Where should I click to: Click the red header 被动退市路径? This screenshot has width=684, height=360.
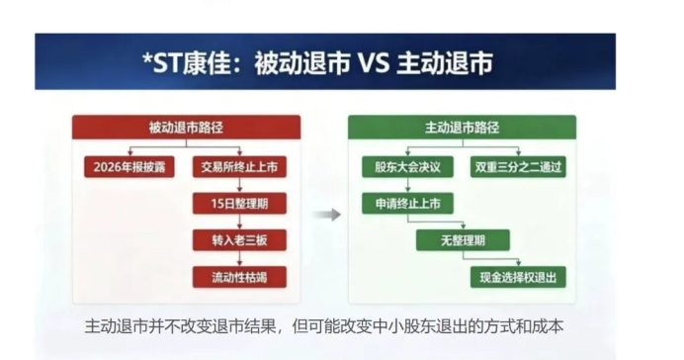click(x=186, y=128)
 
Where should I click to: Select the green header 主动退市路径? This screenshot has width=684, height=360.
click(x=462, y=128)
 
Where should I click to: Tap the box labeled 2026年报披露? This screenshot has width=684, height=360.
click(x=129, y=167)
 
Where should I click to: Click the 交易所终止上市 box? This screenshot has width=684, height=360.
click(x=239, y=167)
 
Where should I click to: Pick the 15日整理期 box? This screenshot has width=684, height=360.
click(x=239, y=204)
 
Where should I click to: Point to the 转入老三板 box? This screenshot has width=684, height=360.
click(x=239, y=240)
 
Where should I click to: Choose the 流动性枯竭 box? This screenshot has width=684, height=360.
click(x=239, y=277)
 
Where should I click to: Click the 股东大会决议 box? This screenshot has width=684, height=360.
click(x=407, y=167)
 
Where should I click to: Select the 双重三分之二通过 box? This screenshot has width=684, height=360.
click(x=518, y=167)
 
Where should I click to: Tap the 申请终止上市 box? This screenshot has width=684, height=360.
click(x=407, y=204)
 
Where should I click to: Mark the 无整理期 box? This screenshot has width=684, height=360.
click(x=463, y=240)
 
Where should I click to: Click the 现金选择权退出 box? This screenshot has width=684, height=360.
click(x=518, y=277)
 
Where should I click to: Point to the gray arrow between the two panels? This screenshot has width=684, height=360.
click(x=327, y=215)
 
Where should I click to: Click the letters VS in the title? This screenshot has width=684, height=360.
click(x=374, y=63)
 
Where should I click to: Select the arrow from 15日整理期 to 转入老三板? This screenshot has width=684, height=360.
click(x=239, y=222)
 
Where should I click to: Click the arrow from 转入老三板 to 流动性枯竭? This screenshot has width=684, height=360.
click(x=239, y=258)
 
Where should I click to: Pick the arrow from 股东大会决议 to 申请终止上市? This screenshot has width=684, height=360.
click(x=407, y=185)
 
